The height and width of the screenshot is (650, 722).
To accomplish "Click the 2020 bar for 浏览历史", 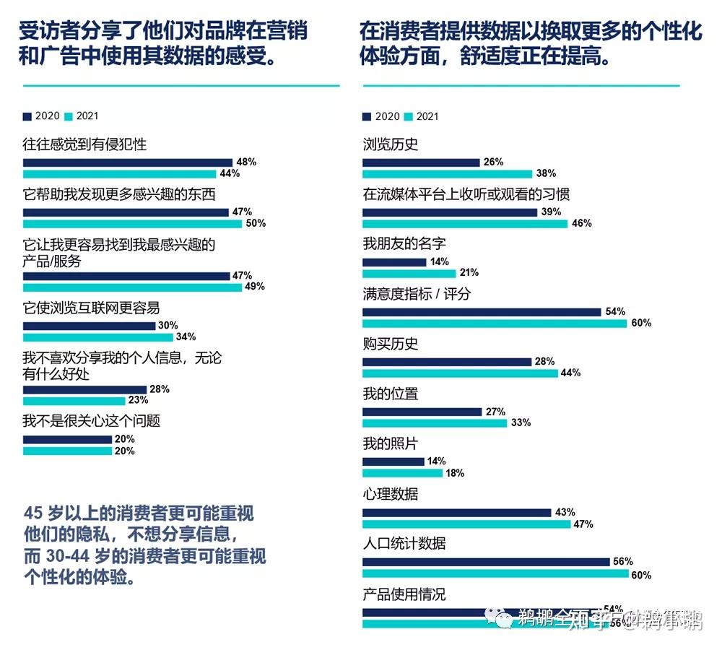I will coord(421,162).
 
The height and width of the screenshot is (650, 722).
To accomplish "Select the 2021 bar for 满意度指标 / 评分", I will coord(495,324).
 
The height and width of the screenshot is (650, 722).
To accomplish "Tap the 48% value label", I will coord(246,162).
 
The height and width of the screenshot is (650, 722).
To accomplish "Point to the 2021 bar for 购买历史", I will coord(460,373).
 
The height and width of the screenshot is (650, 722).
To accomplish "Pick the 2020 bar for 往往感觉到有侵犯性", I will coord(128,162).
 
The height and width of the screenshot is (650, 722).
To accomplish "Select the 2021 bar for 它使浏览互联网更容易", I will coord(98,337).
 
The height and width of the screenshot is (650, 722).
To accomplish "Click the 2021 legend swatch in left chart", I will coord(69,116).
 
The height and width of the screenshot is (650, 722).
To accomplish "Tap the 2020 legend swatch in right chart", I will coord(367,116).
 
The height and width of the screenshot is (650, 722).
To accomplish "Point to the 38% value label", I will coord(546,173).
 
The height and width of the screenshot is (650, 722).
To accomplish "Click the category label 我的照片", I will coord(390,444).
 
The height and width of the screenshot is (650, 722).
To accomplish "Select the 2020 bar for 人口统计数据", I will coord(486,562).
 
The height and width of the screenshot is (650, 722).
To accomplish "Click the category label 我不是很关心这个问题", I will coord(91,420).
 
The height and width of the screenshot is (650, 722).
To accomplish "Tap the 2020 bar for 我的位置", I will coord(422,412).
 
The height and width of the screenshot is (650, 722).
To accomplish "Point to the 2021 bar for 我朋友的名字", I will coord(409,273).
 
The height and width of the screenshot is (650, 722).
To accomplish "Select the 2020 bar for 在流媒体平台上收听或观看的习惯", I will coord(450,212).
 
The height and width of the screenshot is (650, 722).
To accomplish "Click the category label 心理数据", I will coord(390,495).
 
